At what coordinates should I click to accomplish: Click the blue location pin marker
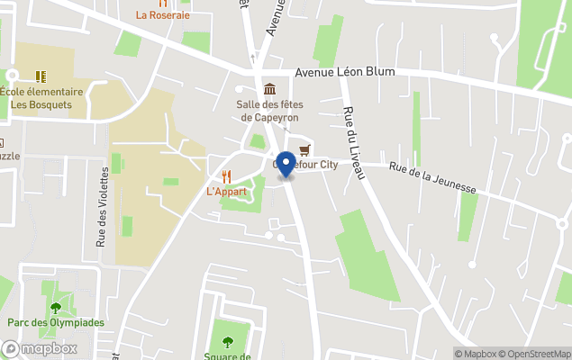pos(286,165)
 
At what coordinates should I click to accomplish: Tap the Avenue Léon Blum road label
pos(346,73)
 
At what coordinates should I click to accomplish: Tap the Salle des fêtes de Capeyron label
pos(269,111)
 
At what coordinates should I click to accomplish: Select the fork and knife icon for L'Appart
pos(226,175)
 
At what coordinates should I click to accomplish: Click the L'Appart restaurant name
pos(226,192)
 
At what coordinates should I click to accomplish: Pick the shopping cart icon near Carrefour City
pos(304,149)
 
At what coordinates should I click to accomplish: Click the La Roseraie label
pos(162,14)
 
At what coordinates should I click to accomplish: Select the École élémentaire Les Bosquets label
pos(41,98)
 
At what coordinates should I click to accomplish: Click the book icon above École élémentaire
pos(41,76)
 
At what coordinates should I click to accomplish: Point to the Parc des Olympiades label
pos(56,322)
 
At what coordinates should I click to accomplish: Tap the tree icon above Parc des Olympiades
pos(56,307)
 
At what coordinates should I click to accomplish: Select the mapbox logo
pos(40,348)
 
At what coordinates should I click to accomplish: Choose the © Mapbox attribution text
pos(476,354)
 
